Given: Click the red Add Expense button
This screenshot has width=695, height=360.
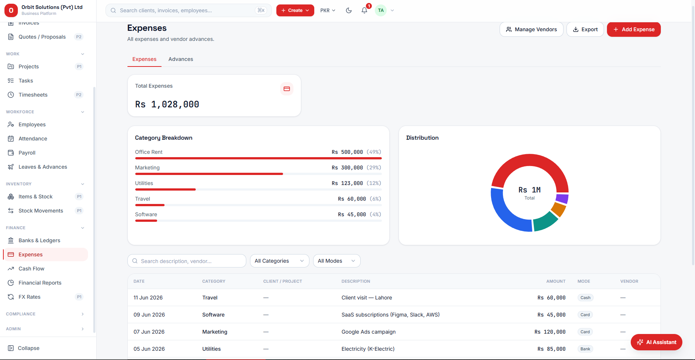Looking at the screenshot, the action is (x=634, y=29).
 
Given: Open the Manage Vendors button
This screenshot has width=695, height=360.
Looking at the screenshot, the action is (x=531, y=29).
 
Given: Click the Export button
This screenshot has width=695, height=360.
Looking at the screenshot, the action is (x=585, y=29).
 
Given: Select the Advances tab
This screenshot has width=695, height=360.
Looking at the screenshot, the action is (x=181, y=59).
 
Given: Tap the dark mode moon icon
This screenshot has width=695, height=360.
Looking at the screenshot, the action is (x=348, y=10).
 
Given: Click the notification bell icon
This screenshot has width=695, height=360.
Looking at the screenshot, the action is (x=364, y=10).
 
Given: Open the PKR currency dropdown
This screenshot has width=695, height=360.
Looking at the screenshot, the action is (x=328, y=10).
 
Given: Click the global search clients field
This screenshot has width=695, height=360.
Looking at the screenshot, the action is (x=189, y=10).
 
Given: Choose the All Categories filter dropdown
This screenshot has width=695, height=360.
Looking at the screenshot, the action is (x=279, y=261).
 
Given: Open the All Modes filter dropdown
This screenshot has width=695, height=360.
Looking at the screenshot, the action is (x=337, y=261).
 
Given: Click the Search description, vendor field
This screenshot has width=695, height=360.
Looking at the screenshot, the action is (x=187, y=261).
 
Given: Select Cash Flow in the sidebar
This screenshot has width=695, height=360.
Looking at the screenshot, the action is (x=31, y=269).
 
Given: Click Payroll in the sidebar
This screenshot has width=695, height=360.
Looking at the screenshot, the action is (x=27, y=153).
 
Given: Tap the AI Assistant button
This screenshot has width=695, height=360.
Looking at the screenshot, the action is (x=656, y=342).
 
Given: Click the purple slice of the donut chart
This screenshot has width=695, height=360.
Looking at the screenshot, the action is (x=562, y=199).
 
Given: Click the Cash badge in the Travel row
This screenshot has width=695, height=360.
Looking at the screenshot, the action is (x=585, y=298).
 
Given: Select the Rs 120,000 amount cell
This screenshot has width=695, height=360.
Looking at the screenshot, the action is (x=550, y=332).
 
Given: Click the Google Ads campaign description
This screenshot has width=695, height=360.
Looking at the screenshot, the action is (x=368, y=332).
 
